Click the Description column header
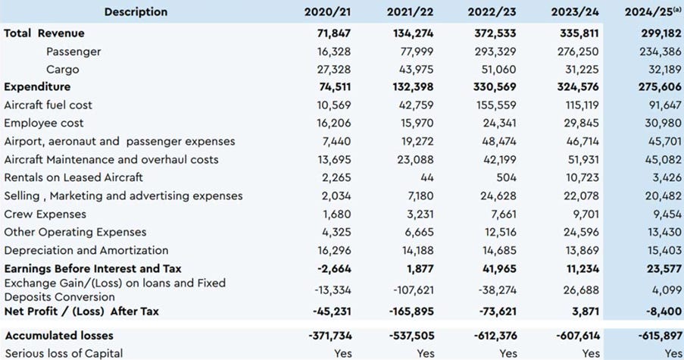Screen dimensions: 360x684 [136, 11]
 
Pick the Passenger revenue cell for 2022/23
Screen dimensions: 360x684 [498, 52]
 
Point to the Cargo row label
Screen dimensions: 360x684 [62, 70]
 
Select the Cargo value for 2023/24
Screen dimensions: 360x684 [581, 70]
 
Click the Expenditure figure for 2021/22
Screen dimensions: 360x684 [415, 87]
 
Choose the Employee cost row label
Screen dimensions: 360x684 [44, 124]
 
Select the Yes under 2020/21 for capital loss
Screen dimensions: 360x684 [342, 353]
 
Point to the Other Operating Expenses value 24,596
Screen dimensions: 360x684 [582, 232]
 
